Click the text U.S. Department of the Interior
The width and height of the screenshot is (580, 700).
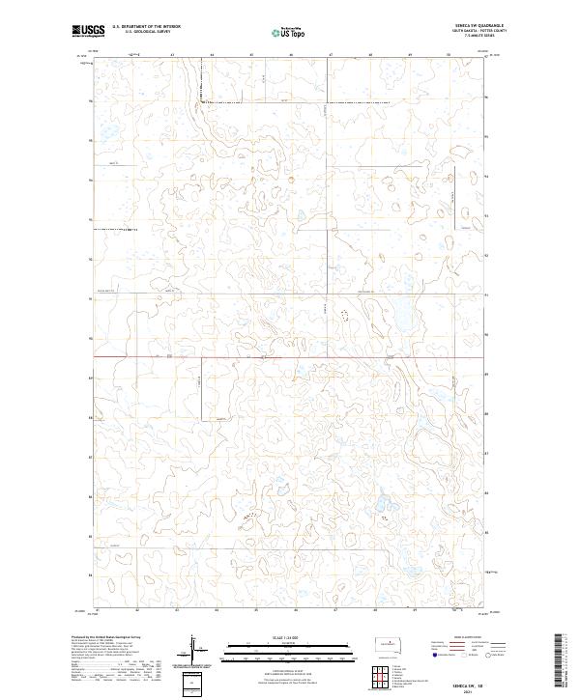point(146,28)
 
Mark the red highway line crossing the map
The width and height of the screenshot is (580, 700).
point(290,355)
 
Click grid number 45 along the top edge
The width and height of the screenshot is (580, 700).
point(251,55)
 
